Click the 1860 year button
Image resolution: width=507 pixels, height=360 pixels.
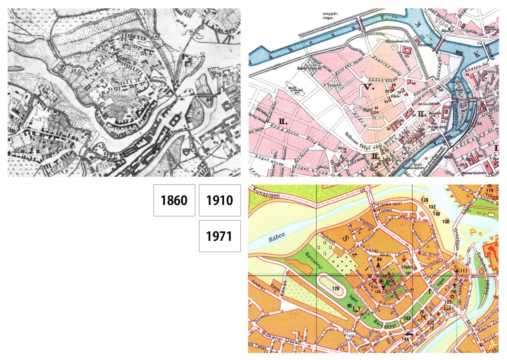click(x=174, y=200)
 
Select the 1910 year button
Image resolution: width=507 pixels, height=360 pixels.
click(x=220, y=200)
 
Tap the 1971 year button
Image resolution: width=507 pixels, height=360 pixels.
click(x=220, y=236)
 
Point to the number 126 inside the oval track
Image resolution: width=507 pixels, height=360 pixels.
click(x=334, y=288)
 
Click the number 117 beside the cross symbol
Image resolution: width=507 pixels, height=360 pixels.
click(x=464, y=271)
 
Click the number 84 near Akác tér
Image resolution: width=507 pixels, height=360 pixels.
click(x=379, y=259)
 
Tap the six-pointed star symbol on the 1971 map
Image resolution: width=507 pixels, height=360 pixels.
click(x=455, y=297)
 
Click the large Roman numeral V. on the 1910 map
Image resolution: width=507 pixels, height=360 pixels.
click(x=368, y=87)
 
